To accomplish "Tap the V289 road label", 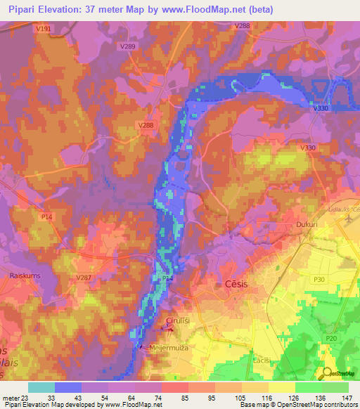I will click(x=127, y=46).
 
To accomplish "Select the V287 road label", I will click(x=84, y=278).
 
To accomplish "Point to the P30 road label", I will click(x=320, y=279).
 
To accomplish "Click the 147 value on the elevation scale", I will click(x=347, y=398).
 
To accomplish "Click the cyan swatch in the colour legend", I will click(x=41, y=387).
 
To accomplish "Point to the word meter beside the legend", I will click(x=11, y=398).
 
